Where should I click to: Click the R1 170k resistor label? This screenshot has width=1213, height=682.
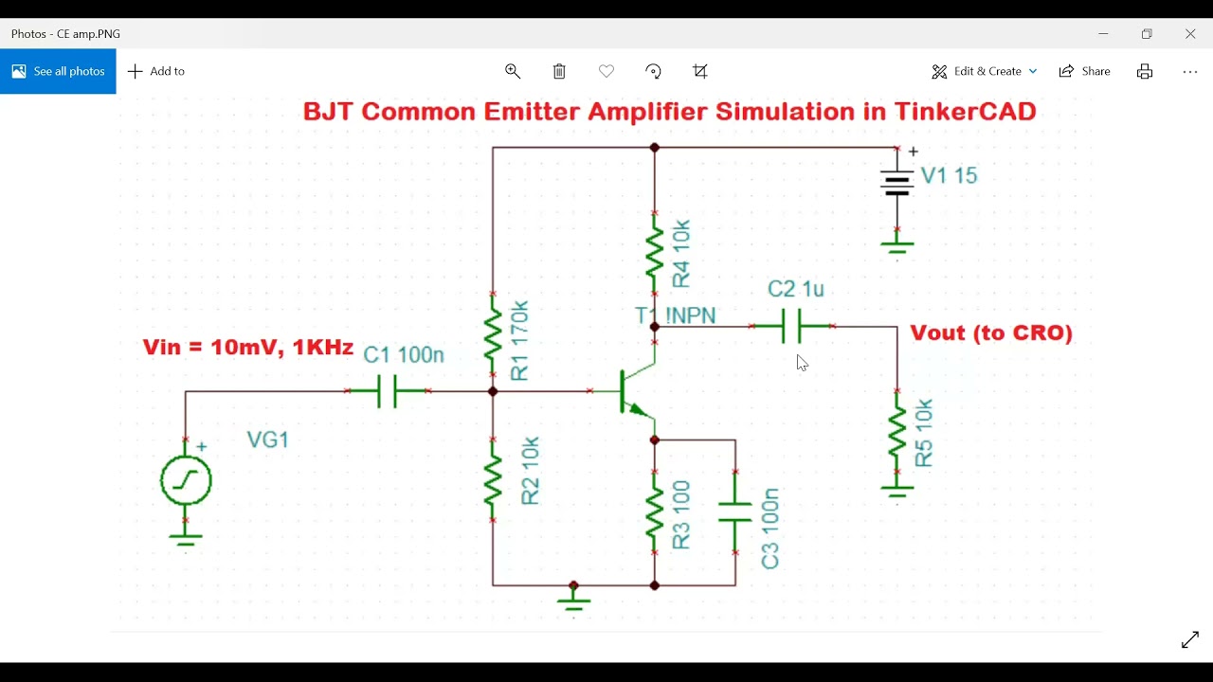point(519,341)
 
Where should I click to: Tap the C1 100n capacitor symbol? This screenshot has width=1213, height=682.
point(388,390)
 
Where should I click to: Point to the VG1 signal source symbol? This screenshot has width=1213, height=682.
point(186,480)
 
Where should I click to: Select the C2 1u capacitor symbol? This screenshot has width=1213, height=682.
point(792,326)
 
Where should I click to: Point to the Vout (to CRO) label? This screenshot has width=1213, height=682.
point(991,333)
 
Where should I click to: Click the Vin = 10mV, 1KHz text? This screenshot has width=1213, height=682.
point(248,347)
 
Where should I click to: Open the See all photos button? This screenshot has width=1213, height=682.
point(58,71)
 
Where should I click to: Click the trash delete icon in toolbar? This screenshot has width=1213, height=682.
point(559,71)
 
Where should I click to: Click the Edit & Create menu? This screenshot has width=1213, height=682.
point(984,71)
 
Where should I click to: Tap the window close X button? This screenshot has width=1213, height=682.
point(1190,33)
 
